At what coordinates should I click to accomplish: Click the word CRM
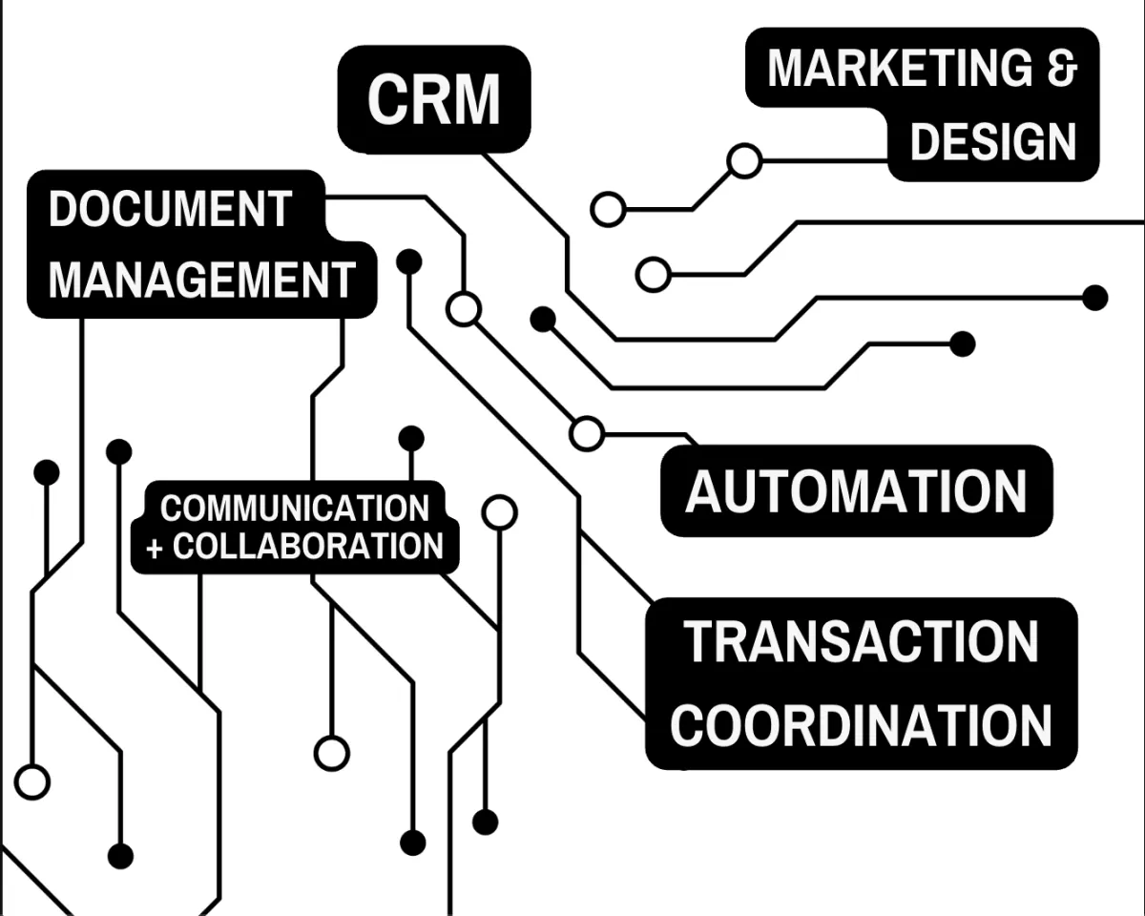434,98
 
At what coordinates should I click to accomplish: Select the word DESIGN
993,142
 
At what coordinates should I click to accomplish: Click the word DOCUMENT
170,209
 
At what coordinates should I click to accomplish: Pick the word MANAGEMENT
202,280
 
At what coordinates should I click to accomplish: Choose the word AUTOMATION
856,491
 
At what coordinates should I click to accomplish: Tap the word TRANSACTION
862,641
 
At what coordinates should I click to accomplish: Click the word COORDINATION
862,725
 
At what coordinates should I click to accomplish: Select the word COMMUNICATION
295,509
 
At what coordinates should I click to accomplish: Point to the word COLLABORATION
308,547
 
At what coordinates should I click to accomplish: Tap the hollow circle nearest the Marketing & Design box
744,160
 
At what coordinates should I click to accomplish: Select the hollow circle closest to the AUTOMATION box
587,433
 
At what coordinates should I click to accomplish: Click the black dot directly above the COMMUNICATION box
411,439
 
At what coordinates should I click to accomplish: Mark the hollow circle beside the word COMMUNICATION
499,512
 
